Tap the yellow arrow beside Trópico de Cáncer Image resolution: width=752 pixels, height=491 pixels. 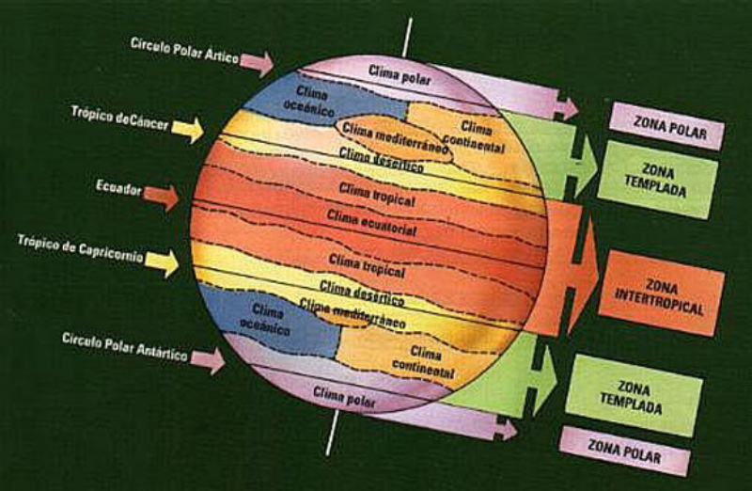(x=188, y=128)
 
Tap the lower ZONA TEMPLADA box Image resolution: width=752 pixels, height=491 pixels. (x=636, y=395)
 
